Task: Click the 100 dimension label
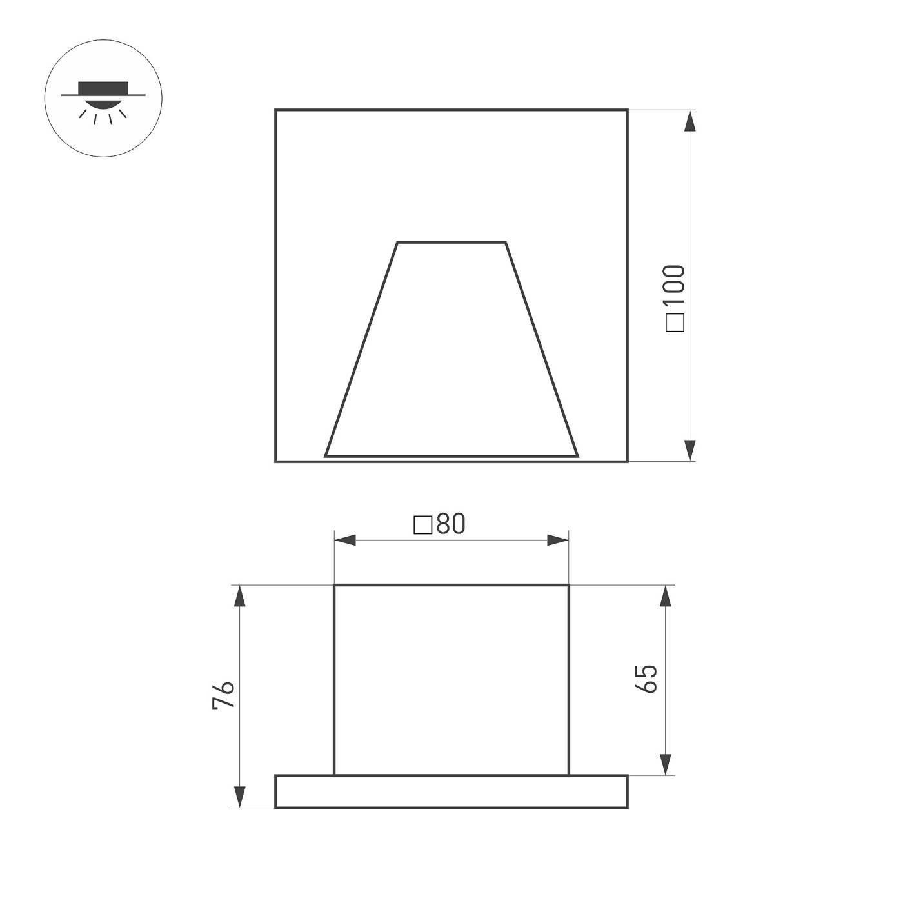click(675, 287)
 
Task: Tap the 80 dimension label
click(450, 524)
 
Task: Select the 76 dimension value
click(224, 695)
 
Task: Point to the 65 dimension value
click(647, 679)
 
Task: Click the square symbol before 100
click(675, 322)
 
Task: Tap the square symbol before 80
click(422, 525)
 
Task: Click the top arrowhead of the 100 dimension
click(690, 121)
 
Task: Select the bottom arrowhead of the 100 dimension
click(690, 450)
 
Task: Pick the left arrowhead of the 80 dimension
click(345, 540)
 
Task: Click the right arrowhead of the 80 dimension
click(558, 540)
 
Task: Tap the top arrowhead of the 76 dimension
click(240, 596)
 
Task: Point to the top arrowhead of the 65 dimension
click(666, 596)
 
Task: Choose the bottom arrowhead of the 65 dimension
click(666, 764)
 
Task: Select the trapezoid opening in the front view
click(451, 361)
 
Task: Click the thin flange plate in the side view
click(451, 791)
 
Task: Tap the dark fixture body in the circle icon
click(103, 88)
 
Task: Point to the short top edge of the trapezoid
click(451, 243)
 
